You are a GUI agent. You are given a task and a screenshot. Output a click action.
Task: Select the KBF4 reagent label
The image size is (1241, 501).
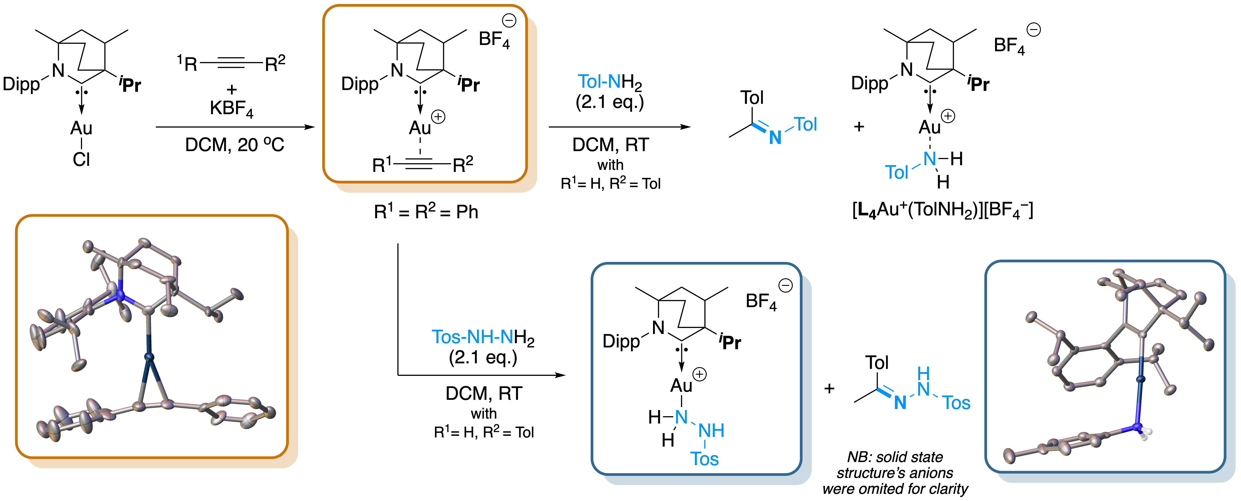pos(231,109)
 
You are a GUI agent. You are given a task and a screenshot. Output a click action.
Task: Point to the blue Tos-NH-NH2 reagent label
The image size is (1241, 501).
pos(483,338)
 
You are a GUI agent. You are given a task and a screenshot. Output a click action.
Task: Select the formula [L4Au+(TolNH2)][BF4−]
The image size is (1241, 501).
pos(943,210)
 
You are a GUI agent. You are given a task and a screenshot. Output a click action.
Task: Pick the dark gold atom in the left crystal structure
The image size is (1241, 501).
pos(149,357)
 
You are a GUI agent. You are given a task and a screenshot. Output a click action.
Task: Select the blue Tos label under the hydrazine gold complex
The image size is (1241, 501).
pos(704,458)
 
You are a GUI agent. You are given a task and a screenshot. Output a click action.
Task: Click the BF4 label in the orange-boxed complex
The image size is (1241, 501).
pos(494,40)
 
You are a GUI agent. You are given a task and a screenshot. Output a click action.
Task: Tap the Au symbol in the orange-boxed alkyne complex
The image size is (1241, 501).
pos(420,128)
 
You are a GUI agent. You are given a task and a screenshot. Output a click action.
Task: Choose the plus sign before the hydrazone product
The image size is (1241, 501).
pos(829,389)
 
